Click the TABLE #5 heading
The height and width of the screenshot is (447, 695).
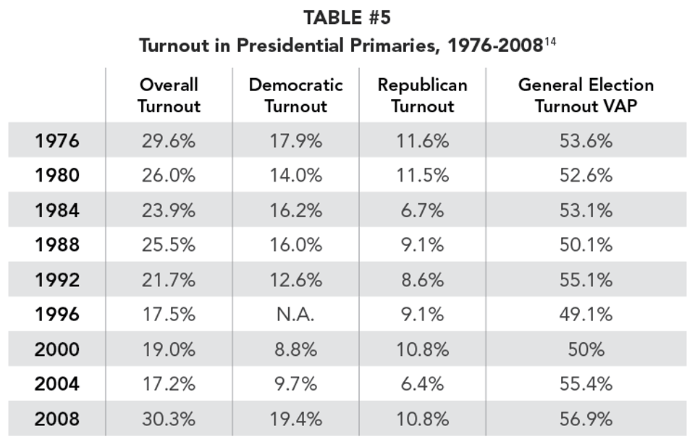click(347, 17)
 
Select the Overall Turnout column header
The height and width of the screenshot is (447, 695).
click(169, 95)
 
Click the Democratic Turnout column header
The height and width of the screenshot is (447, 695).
click(295, 95)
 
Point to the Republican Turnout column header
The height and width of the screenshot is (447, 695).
click(422, 95)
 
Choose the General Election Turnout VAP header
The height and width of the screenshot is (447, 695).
click(586, 95)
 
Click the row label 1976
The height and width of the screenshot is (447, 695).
click(56, 140)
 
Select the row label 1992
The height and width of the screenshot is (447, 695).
click(56, 280)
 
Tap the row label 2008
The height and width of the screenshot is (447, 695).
click(56, 419)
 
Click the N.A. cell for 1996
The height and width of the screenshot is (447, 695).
click(295, 315)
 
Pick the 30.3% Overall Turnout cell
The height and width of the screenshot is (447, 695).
click(169, 419)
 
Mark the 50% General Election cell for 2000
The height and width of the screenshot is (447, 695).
click(586, 349)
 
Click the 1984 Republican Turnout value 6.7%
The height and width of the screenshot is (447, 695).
click(422, 210)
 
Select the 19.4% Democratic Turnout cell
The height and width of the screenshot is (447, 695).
click(295, 419)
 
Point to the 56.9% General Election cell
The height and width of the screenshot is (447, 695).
click(586, 419)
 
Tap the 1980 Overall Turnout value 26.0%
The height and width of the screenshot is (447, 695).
click(169, 175)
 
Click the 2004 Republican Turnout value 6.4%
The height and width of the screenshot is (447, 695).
click(422, 384)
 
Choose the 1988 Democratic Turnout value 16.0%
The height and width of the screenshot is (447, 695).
click(295, 244)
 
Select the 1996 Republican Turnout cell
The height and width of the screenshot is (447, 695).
click(422, 315)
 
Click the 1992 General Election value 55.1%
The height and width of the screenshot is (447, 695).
click(586, 280)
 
